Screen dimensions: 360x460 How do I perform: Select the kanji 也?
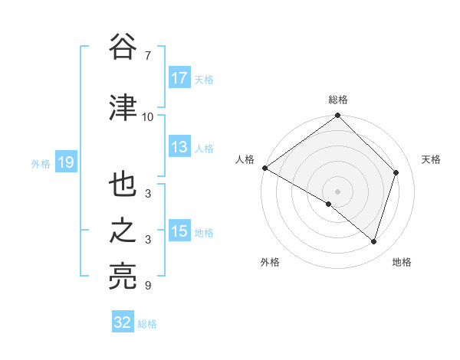pos(122,185)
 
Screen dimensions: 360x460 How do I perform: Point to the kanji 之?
pos(122,231)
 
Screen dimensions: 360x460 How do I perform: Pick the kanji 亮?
pos(122,277)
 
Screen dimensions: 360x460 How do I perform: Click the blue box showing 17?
pos(179,78)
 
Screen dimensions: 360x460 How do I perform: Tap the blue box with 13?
pos(179,148)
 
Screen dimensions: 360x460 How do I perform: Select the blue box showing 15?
pos(179,231)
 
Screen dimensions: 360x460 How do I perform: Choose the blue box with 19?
pos(65,162)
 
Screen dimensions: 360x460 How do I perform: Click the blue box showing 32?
pos(123,322)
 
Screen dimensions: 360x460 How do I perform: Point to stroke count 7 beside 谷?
pos(148,56)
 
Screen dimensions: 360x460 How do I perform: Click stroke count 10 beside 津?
pos(148,117)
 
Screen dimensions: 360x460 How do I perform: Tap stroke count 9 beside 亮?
pos(148,286)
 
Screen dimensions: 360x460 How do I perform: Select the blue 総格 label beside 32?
pos(147,324)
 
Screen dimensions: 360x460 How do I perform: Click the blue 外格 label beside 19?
pos(40,163)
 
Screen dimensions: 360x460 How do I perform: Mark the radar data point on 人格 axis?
pos(264,168)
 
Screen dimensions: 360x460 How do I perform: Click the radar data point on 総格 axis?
pos(338,116)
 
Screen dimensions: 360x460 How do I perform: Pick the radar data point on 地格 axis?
pos(374,241)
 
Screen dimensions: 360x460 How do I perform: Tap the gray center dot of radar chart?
pos(338,191)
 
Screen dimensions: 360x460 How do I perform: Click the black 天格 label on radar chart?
pos(432,159)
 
